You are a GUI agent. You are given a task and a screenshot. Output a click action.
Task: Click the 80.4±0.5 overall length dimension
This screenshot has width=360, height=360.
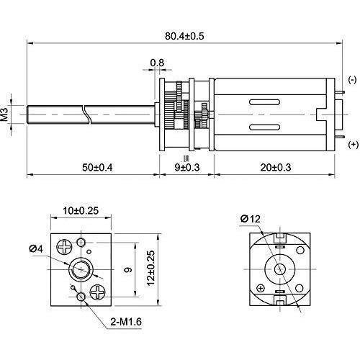coord(184,36)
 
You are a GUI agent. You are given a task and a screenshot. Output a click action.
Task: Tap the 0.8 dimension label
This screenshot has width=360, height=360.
coord(157,63)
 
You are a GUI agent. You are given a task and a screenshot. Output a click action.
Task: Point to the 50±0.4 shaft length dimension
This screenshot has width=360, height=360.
coord(97,167)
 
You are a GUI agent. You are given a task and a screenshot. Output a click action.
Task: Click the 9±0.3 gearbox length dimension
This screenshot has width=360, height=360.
coord(187,167)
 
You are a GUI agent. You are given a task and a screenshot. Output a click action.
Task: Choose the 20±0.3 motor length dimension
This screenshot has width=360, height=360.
coord(276,167)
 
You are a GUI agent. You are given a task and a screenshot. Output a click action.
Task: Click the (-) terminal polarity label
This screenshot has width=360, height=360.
coord(352,80)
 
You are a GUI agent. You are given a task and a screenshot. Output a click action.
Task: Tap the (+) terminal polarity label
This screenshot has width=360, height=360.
coord(353,145)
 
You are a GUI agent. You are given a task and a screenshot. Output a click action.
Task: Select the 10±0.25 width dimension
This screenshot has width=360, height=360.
coord(81,210)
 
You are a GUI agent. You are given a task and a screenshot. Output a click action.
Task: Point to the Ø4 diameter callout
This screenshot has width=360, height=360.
coord(36,249)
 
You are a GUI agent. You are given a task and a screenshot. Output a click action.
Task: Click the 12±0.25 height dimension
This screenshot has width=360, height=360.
coord(151,268)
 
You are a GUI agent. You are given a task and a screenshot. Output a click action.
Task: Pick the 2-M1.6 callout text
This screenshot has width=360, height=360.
coord(126,322)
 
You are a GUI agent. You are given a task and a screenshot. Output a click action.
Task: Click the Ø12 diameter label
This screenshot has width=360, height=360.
coord(250,219)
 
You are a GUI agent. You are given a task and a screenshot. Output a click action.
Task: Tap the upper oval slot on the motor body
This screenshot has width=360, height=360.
coord(265,102)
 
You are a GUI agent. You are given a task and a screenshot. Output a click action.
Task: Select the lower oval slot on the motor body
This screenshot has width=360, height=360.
coord(265,127)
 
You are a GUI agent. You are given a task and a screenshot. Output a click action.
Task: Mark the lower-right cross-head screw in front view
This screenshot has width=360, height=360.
coord(98,292)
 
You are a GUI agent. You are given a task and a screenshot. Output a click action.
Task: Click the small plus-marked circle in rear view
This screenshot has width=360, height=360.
coord(261,288)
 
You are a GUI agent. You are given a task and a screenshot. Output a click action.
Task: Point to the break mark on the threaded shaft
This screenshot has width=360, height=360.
coord(87,114)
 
